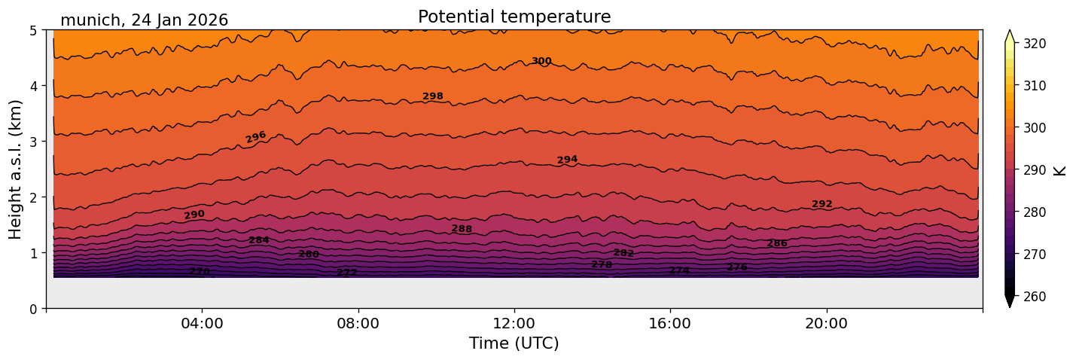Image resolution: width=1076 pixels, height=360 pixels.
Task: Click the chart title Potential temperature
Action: [x=514, y=17]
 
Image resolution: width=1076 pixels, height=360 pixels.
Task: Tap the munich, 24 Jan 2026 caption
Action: [x=144, y=20]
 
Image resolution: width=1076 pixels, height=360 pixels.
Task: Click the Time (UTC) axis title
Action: [x=514, y=343]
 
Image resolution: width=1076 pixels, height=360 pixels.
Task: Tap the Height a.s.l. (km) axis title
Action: [x=16, y=169]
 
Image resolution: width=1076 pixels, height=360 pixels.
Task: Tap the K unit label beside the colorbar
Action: [x=1060, y=170]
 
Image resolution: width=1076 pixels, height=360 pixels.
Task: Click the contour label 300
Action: [x=541, y=62]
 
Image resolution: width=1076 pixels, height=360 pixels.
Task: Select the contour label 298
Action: [x=433, y=96]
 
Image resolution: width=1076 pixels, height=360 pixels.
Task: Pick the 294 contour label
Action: [x=567, y=160]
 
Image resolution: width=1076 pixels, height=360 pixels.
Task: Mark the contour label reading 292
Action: [x=822, y=204]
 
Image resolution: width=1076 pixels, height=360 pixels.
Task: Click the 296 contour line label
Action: [x=256, y=137]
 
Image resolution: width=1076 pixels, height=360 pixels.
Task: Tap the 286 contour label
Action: [x=777, y=243]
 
